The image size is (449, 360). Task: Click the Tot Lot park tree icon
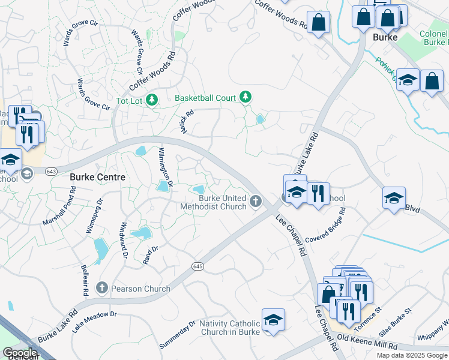(152, 100)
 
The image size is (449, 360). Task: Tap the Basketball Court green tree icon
(245, 97)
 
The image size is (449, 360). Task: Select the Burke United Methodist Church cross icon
(256, 200)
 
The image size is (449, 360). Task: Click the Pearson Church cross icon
(101, 289)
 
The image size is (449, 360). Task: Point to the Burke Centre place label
(98, 177)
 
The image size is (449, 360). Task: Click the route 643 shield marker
(52, 172)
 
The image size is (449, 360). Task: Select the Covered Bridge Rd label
(325, 226)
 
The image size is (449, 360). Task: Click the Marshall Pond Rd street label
(59, 206)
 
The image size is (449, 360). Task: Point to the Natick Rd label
(187, 122)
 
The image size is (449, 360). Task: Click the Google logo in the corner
(20, 353)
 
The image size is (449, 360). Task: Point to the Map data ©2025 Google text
(412, 355)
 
